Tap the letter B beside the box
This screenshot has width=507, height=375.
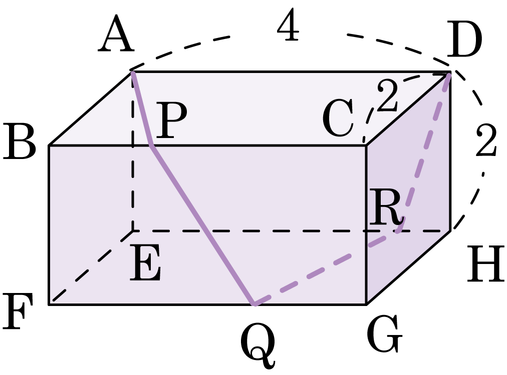pos(19,141)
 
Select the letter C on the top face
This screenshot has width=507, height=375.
pos(338,118)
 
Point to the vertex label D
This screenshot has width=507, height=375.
pos(464,39)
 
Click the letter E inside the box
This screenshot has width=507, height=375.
pos(145,262)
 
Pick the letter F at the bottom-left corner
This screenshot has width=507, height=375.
pos(18,311)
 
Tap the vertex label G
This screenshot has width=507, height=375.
pos(384,334)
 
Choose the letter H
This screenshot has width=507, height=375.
pos(485,264)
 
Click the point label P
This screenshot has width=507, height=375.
pos(171,120)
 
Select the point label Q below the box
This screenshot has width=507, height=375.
pos(258,346)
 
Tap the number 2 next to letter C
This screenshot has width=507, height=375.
pos(387,95)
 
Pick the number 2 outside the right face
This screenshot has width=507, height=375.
pos(485,140)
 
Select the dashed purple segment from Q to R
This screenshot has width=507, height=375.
pos(328,267)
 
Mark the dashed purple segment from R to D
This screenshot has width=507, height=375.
pos(425,152)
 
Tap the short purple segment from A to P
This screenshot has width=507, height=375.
pos(142,109)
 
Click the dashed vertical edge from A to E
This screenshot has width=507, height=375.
pos(133,151)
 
